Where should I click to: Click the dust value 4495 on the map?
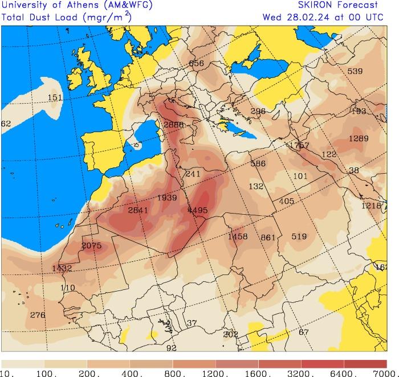click(197, 210)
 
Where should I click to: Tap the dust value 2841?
click(138, 210)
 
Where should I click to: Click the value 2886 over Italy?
click(173, 125)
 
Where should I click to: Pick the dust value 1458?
click(237, 236)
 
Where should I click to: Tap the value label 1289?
click(359, 138)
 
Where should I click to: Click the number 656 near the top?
click(196, 63)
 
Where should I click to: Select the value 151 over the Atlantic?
click(55, 97)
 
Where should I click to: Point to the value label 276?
click(38, 315)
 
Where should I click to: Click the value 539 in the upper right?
click(355, 71)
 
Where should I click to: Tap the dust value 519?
click(299, 236)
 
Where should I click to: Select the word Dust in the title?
click(38, 16)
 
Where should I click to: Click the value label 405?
click(287, 201)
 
